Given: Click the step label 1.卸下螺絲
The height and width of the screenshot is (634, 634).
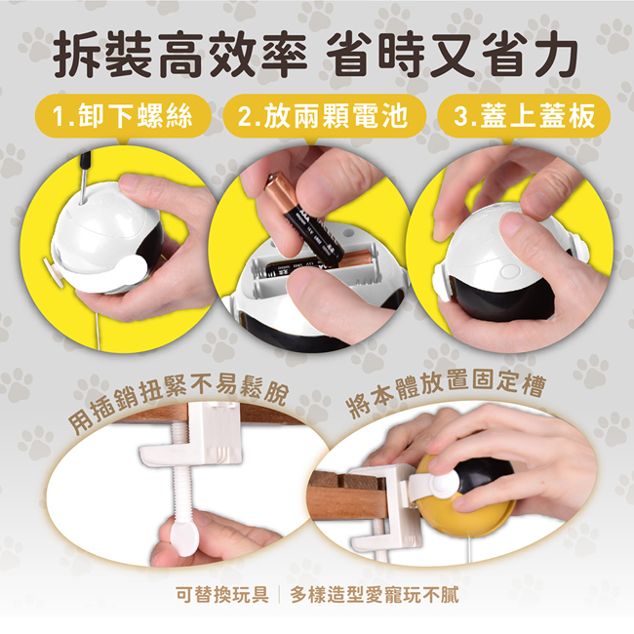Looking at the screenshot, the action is pos(123,116).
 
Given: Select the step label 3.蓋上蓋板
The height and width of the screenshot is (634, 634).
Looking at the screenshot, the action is pos(525,116).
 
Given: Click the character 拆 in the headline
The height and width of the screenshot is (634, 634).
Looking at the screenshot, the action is pos(77,55).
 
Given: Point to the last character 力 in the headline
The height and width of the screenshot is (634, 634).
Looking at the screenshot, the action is pos(555,55).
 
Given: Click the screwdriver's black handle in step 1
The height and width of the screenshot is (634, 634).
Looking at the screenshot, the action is pos(85,159).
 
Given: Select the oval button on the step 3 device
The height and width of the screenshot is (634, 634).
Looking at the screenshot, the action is pos(510,271).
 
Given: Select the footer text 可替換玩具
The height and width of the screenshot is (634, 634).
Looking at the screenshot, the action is pos(222,595).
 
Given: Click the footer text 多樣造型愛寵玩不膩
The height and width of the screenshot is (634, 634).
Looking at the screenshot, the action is pos(375,595).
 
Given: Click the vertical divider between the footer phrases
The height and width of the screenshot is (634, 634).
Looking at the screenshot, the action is pos(279,595).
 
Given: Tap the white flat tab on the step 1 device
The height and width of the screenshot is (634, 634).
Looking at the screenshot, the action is pos(54,272).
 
